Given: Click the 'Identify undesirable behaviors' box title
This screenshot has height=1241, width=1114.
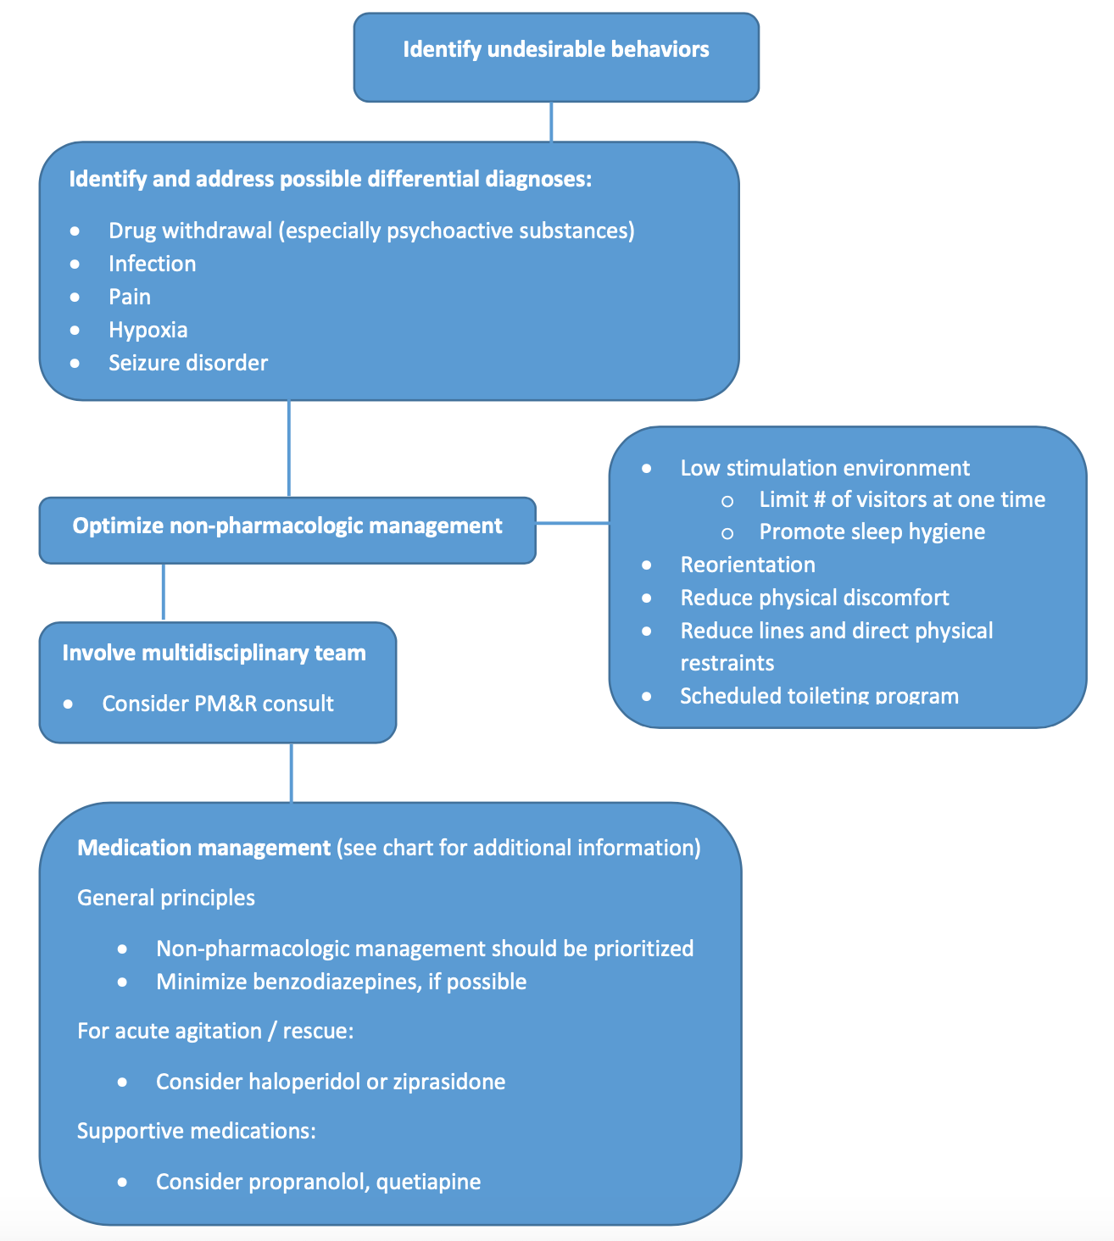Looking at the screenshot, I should [x=555, y=49].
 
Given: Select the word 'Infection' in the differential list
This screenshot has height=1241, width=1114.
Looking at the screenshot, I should [x=152, y=264].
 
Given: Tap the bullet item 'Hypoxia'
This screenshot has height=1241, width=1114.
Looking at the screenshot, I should [x=148, y=330].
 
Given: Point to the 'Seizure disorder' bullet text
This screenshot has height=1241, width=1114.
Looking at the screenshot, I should [x=187, y=363].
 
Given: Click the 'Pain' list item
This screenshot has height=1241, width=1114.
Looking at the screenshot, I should [x=129, y=297].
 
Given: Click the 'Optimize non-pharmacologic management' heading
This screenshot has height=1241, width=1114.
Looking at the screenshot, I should [x=287, y=526].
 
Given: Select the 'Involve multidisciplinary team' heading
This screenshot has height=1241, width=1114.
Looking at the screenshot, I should [x=214, y=653].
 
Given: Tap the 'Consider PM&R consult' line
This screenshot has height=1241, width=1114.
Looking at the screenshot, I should [x=217, y=704].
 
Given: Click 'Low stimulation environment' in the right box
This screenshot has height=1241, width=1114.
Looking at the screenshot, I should [x=824, y=468].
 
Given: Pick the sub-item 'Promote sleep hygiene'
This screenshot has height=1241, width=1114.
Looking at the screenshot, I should [x=872, y=531].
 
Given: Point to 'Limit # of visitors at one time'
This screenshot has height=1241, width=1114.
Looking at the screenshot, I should [x=901, y=499].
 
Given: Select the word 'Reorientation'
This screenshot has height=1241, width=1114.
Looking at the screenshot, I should [x=747, y=565].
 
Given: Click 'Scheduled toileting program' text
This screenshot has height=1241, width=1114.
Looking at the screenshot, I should [x=818, y=696].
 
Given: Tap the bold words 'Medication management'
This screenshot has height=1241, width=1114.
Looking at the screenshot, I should [x=203, y=848].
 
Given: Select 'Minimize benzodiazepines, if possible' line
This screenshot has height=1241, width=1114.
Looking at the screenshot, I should [x=341, y=982].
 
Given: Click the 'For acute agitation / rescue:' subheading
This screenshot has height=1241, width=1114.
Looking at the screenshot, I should [x=214, y=1031].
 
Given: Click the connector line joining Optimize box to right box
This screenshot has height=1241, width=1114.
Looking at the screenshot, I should [x=572, y=524].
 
